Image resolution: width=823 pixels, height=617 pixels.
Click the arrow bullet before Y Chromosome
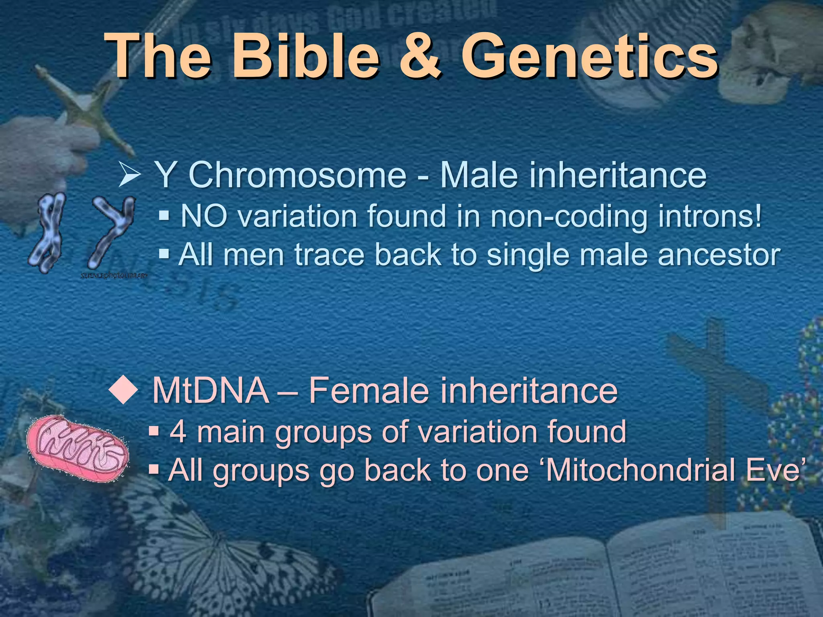coord(129,176)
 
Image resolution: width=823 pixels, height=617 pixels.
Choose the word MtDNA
coord(211,390)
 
